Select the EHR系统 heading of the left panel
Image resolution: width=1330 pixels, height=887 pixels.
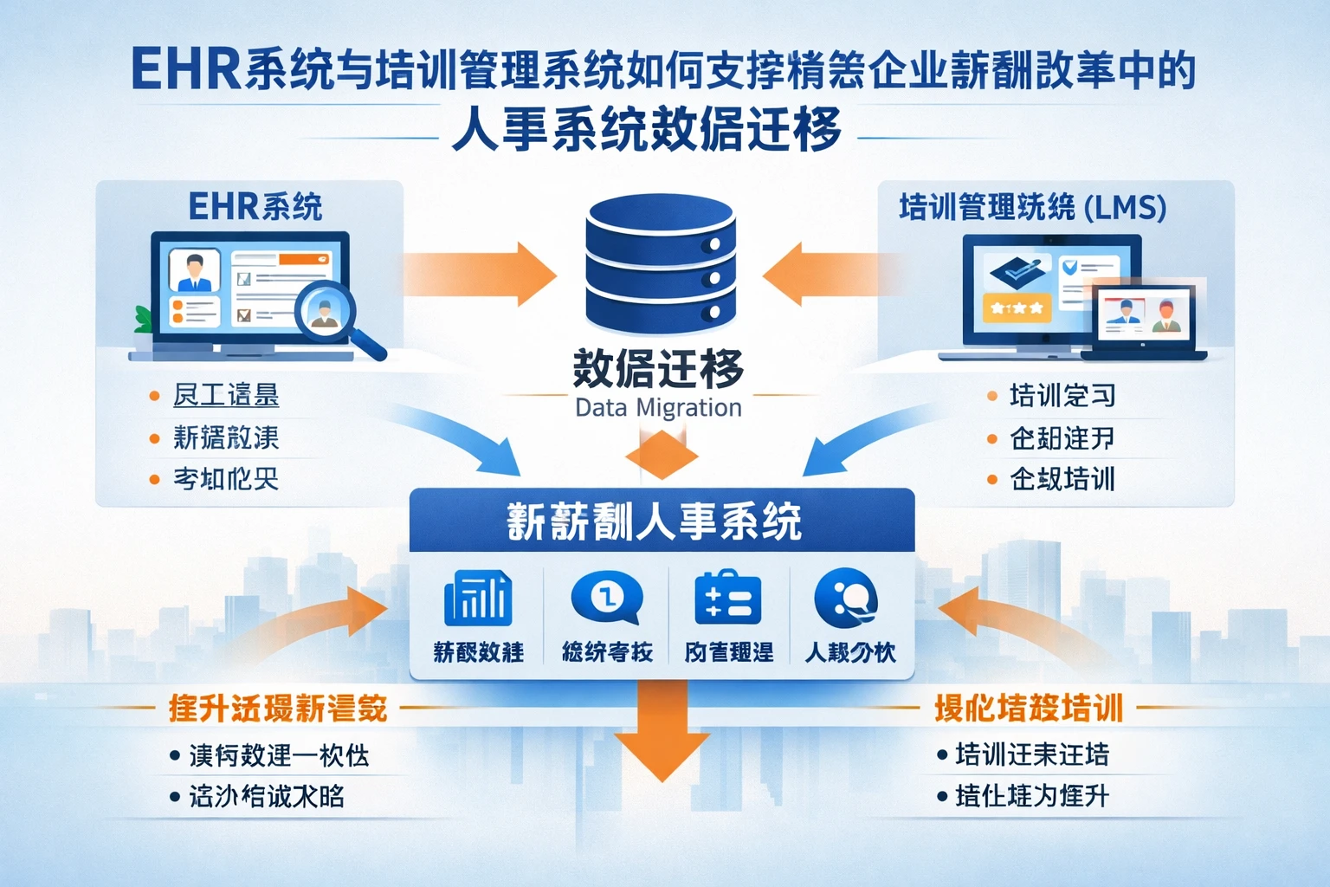click(255, 207)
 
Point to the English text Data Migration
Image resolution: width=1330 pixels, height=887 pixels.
click(658, 408)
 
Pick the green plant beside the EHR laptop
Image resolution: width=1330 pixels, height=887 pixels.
click(143, 320)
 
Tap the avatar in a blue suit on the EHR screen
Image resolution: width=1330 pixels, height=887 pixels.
click(192, 272)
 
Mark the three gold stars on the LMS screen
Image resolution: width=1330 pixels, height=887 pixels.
click(1016, 308)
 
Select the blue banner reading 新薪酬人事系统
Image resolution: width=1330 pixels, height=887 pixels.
click(661, 521)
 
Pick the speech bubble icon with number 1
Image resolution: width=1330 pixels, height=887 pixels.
click(606, 598)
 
